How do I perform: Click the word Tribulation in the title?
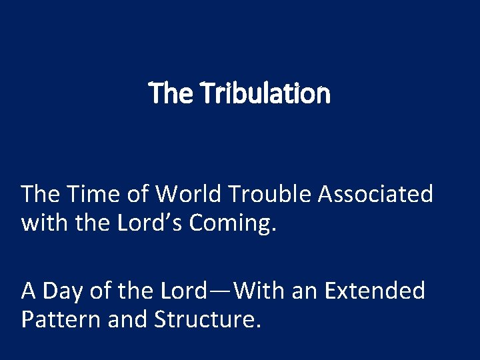point(267,94)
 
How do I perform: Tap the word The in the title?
point(172,94)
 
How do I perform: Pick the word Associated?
point(375,194)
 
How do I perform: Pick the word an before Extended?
point(301,291)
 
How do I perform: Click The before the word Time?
point(41,194)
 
